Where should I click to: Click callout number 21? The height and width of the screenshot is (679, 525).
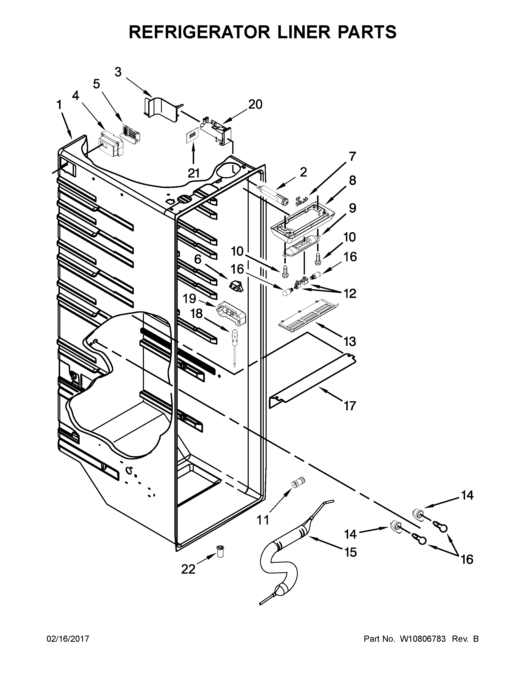(x=194, y=173)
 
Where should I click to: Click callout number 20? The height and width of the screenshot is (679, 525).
(x=255, y=105)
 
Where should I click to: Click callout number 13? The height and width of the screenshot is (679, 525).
(x=350, y=341)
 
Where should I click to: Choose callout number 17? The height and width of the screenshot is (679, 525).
(x=350, y=406)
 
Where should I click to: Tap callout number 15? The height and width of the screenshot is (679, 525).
(x=351, y=552)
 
